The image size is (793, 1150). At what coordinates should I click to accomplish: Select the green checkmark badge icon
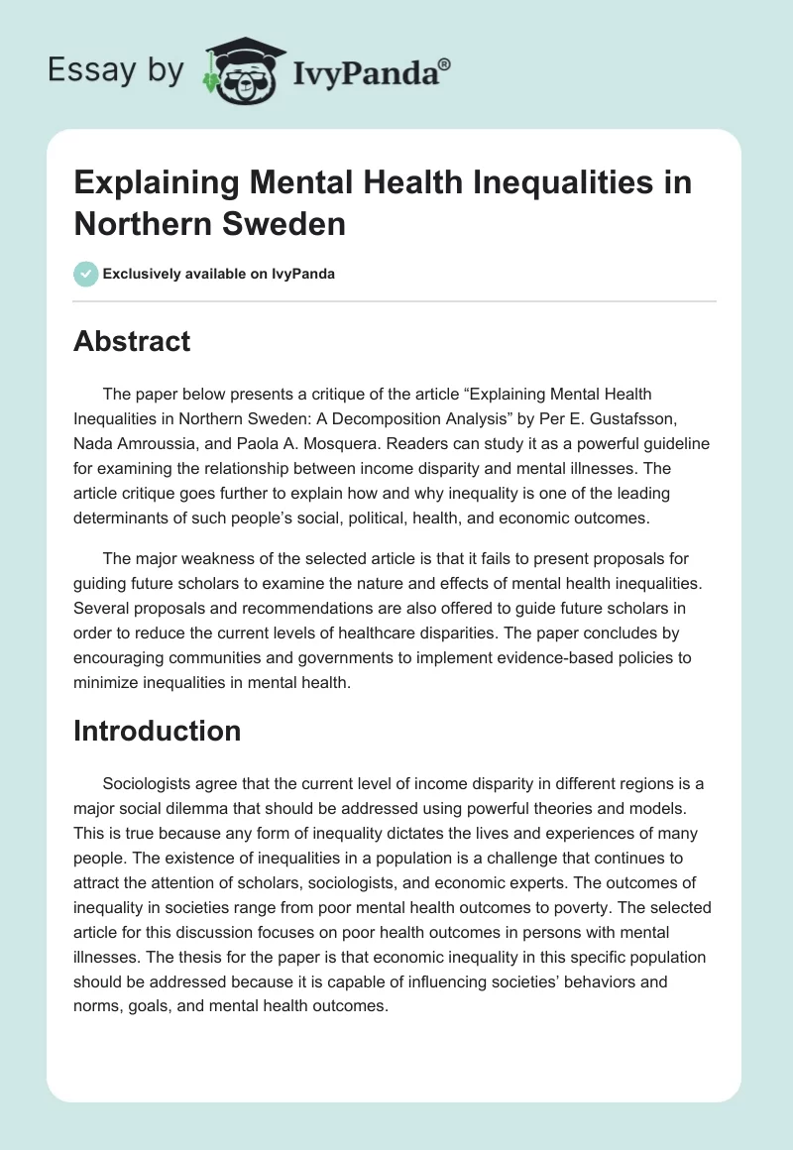point(85,274)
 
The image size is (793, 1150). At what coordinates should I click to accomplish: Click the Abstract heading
point(132,341)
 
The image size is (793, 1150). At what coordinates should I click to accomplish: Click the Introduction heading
point(157,731)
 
